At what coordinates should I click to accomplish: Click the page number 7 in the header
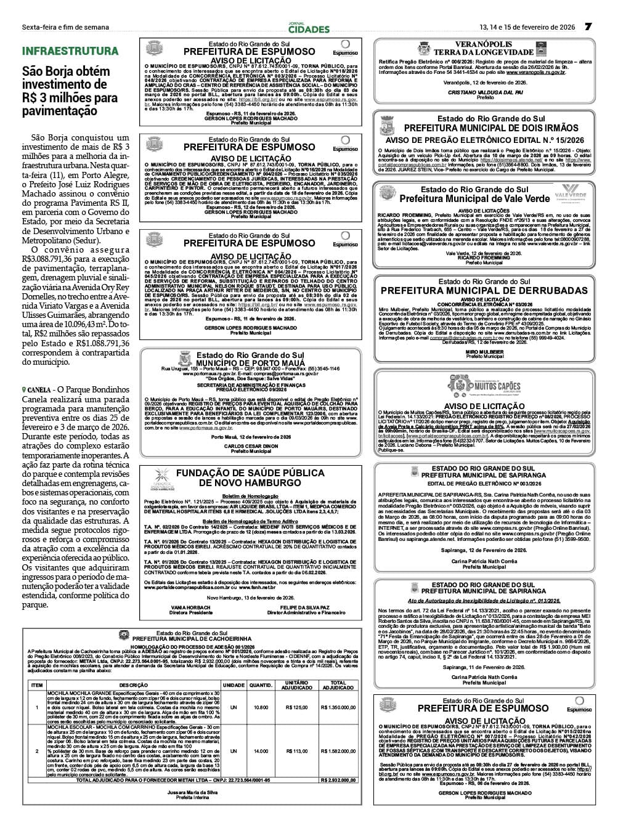588,26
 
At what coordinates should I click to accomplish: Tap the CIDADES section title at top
309,29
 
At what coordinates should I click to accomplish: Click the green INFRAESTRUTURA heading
70,51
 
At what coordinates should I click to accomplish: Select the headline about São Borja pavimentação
70,91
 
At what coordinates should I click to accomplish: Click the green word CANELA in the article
39,390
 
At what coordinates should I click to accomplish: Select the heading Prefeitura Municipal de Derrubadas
484,290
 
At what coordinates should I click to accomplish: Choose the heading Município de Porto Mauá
250,363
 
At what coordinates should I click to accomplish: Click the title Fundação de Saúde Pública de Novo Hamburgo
250,477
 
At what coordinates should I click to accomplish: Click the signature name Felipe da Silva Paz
306,607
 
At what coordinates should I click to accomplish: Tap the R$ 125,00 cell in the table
297,707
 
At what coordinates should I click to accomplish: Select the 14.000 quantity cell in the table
261,751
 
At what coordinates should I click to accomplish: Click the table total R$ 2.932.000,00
338,780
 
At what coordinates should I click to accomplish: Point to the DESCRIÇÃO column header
134,685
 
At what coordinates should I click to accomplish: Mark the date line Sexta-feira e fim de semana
65,27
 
